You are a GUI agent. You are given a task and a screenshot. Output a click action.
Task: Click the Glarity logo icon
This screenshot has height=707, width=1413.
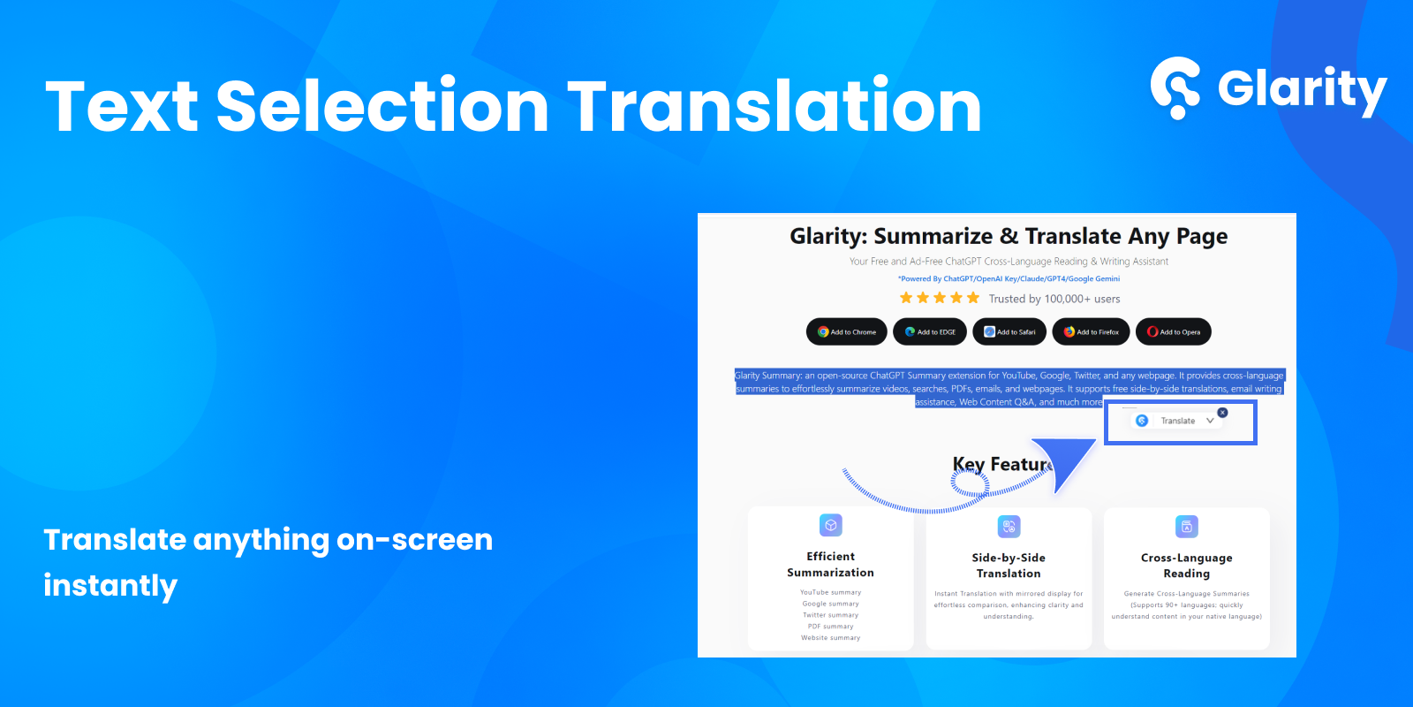(x=1175, y=87)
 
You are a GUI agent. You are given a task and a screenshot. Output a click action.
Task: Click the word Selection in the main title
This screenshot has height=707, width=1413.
(x=382, y=107)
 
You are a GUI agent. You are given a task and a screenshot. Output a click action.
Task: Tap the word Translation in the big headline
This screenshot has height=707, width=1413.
(x=774, y=107)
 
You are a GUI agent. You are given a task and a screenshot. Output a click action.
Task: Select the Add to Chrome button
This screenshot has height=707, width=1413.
(x=847, y=332)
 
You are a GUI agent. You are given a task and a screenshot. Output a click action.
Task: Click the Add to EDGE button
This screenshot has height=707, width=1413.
(x=930, y=332)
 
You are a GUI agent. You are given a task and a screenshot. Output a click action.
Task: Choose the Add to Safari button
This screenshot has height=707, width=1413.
(x=1009, y=332)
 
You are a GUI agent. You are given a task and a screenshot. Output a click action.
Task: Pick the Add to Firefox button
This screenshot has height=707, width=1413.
(x=1091, y=332)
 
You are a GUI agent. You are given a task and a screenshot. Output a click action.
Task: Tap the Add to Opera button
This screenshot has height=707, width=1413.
(x=1174, y=332)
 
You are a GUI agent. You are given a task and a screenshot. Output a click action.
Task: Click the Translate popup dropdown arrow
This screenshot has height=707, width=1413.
(x=1210, y=421)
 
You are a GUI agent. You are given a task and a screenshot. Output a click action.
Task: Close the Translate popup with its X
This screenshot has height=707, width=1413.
(x=1222, y=413)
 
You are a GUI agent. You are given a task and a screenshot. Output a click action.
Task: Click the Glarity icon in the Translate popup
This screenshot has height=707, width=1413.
(x=1142, y=421)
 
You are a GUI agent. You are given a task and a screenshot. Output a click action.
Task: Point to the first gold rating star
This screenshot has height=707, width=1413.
(x=906, y=298)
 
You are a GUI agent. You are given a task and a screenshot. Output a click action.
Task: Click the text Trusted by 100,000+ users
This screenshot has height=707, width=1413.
(x=1054, y=299)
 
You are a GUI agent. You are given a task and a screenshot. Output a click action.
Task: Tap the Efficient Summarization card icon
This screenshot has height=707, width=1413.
(x=830, y=525)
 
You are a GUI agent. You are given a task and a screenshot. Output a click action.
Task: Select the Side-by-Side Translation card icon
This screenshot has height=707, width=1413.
(x=1009, y=527)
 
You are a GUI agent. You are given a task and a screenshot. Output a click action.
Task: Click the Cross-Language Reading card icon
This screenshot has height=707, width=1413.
(x=1187, y=527)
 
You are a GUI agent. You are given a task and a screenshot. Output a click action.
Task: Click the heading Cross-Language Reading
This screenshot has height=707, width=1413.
(x=1187, y=566)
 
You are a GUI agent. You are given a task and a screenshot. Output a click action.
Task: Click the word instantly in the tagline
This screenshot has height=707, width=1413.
(x=110, y=586)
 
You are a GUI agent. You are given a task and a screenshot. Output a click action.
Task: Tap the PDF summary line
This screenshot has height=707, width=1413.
(x=830, y=627)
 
